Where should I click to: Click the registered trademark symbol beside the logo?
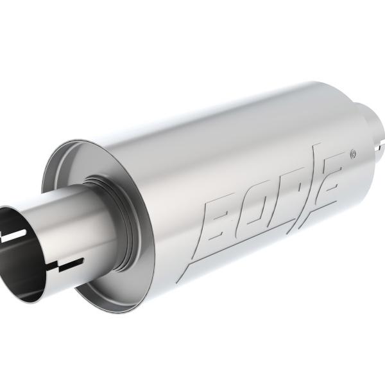click(x=352, y=155)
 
